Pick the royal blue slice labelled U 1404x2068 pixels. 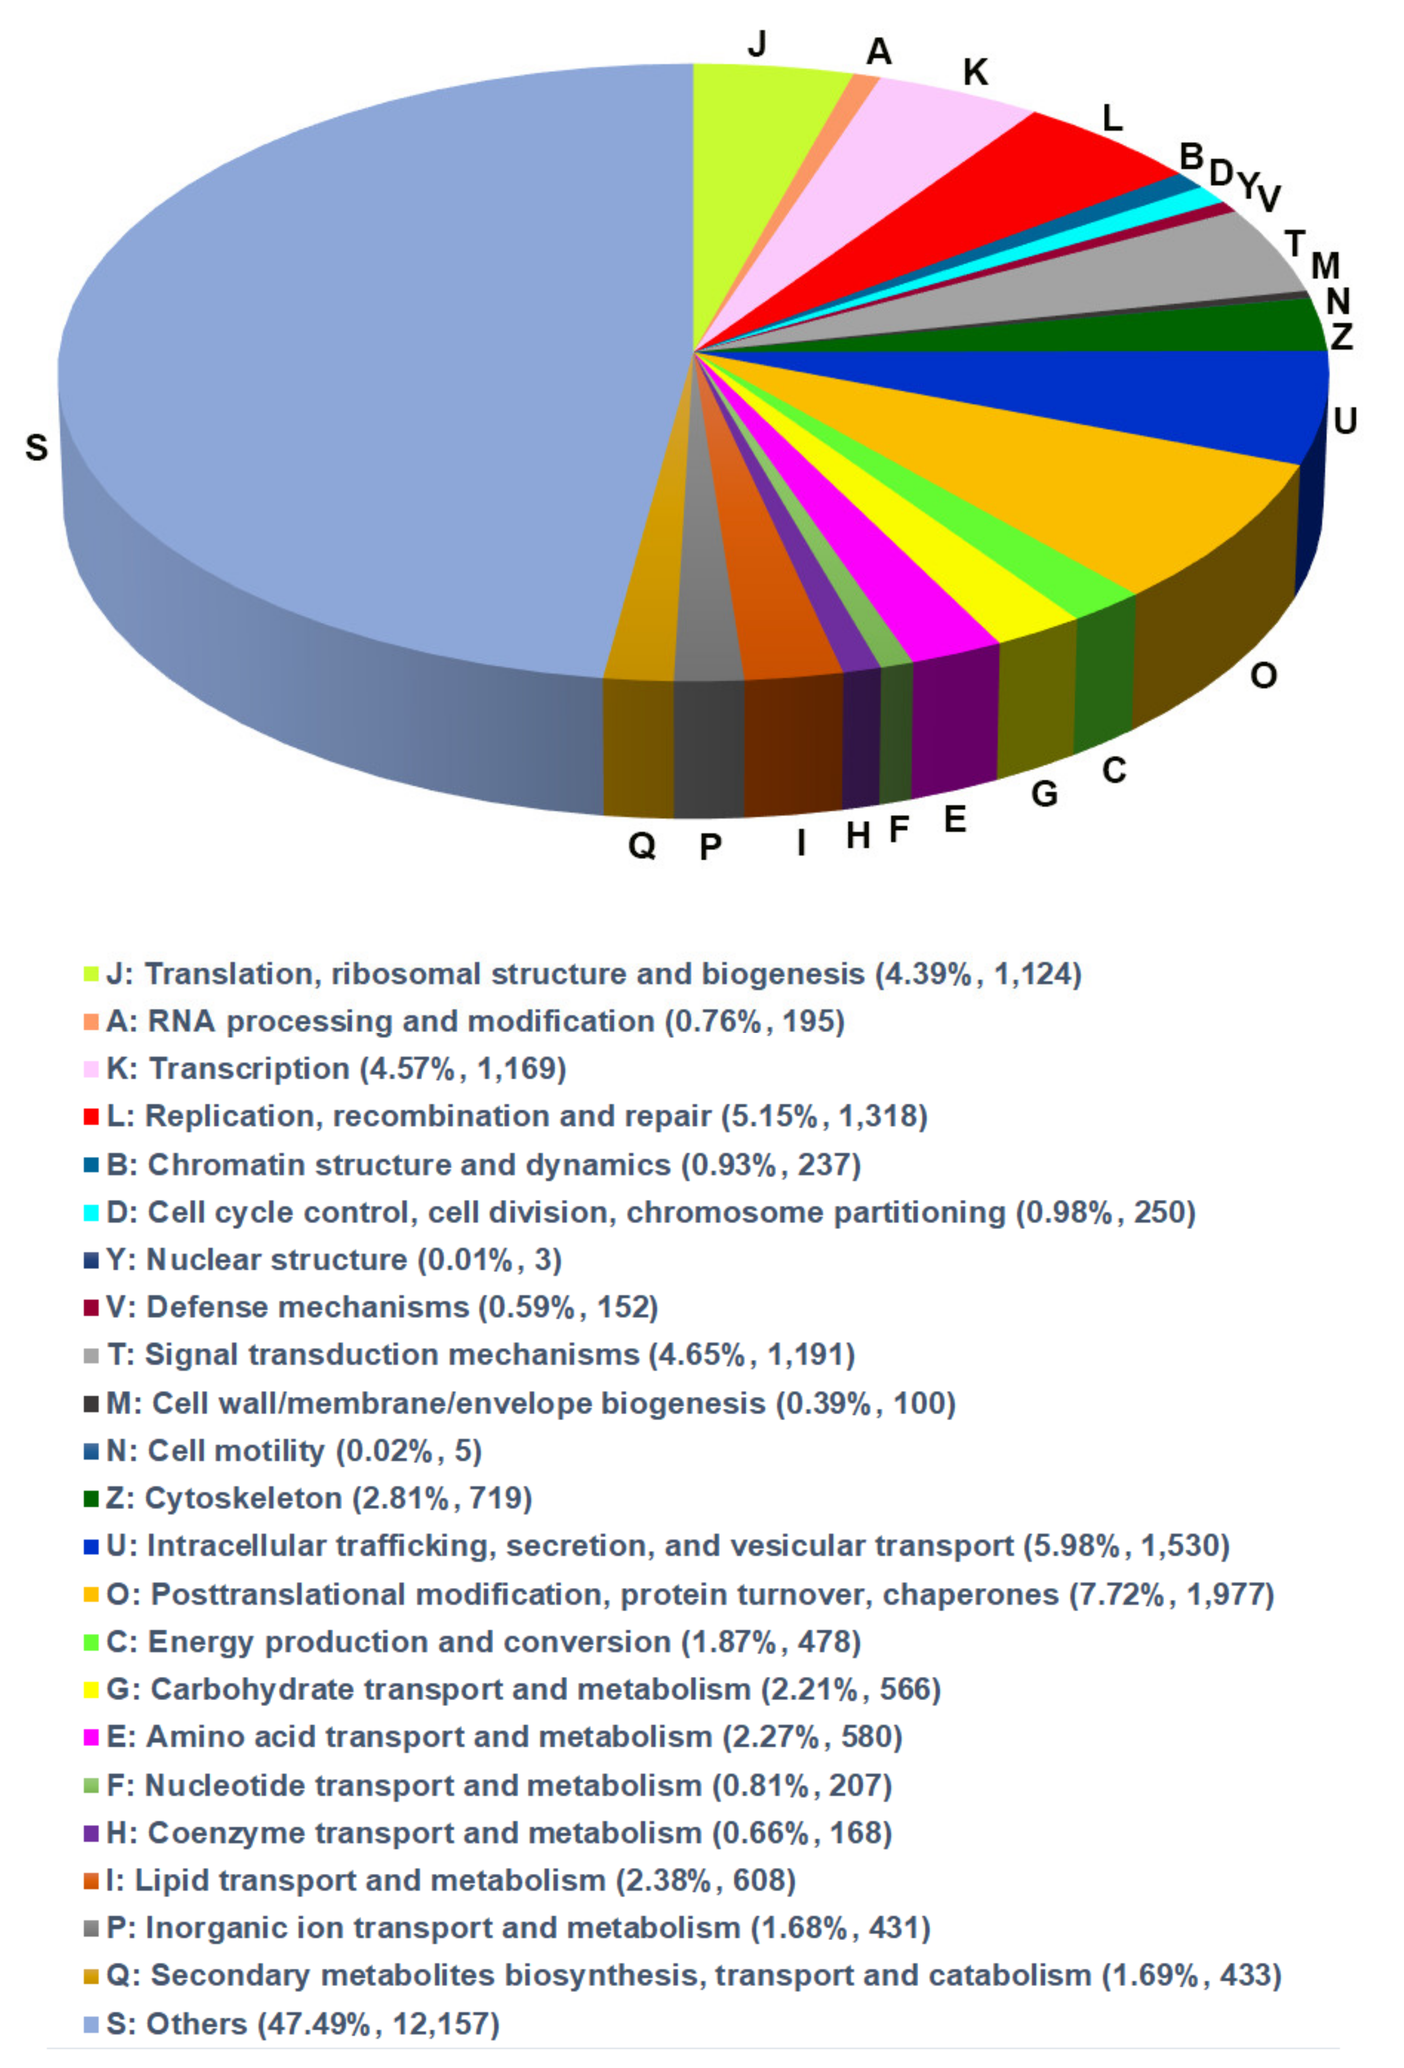pyautogui.click(x=1157, y=392)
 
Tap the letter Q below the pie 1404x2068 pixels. pyautogui.click(x=641, y=843)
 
